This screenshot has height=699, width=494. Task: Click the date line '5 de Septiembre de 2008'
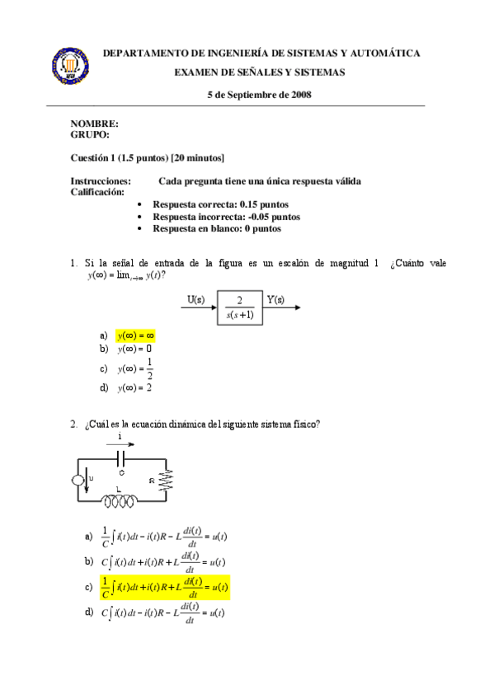click(258, 95)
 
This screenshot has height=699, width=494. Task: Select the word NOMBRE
click(88, 124)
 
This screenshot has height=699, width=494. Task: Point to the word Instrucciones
click(101, 181)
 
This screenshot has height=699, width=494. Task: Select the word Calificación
click(98, 191)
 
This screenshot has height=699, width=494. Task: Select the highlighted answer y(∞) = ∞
click(135, 335)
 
